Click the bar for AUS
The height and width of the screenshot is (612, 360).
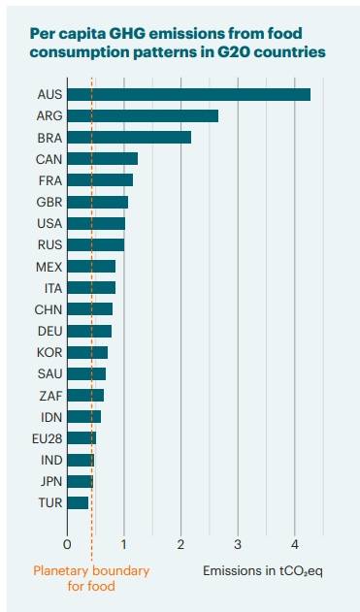[x=189, y=94]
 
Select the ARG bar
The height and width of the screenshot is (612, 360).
[x=143, y=116]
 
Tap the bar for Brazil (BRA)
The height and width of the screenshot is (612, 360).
[x=129, y=138]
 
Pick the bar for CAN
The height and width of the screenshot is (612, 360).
[x=103, y=159]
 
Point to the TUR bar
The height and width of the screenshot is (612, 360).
[x=78, y=502]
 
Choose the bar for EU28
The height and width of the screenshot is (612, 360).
[x=82, y=438]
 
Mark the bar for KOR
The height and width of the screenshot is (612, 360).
[x=87, y=352]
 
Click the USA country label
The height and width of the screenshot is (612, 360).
[x=49, y=224]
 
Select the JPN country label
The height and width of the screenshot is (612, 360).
[x=51, y=481]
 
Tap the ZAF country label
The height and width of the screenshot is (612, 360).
[x=50, y=396]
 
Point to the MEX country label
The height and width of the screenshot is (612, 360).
[x=49, y=267]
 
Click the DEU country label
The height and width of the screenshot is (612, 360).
[x=50, y=331]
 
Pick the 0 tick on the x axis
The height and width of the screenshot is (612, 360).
[x=67, y=545]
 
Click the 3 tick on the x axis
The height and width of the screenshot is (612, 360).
[x=238, y=545]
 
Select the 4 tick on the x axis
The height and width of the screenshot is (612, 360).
[x=295, y=545]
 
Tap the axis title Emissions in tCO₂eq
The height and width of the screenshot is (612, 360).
[x=263, y=571]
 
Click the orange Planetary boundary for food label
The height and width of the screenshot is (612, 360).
[x=91, y=578]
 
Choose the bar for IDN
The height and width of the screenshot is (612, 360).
[x=84, y=417]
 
